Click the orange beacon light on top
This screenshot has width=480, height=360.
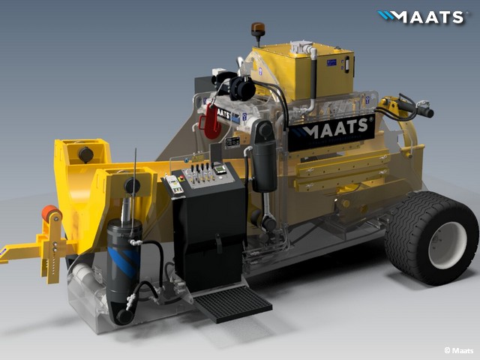point(256,31)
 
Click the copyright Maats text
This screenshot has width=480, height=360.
point(458,350)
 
